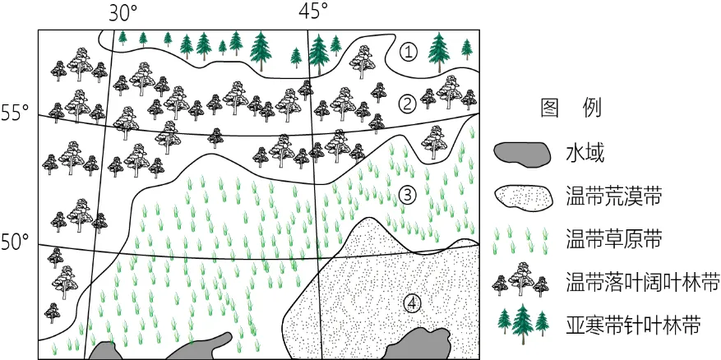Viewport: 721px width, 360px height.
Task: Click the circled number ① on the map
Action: pyautogui.click(x=408, y=53)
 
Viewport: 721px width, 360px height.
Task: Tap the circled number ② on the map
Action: pyautogui.click(x=407, y=106)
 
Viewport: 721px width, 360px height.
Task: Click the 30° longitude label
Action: pyautogui.click(x=123, y=12)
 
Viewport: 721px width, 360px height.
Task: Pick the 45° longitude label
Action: pyautogui.click(x=313, y=11)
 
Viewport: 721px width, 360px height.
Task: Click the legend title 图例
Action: pyautogui.click(x=571, y=109)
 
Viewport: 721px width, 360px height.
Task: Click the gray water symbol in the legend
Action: pyautogui.click(x=523, y=154)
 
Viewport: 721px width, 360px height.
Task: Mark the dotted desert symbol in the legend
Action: pyautogui.click(x=524, y=198)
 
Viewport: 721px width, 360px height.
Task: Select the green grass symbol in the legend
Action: pyautogui.click(x=521, y=241)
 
